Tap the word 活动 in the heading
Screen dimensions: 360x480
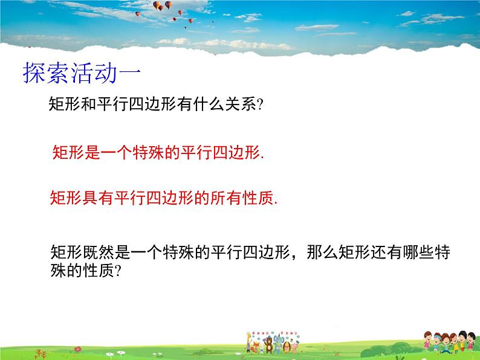[x=93, y=74]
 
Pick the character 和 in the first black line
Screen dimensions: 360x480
[x=83, y=104]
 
